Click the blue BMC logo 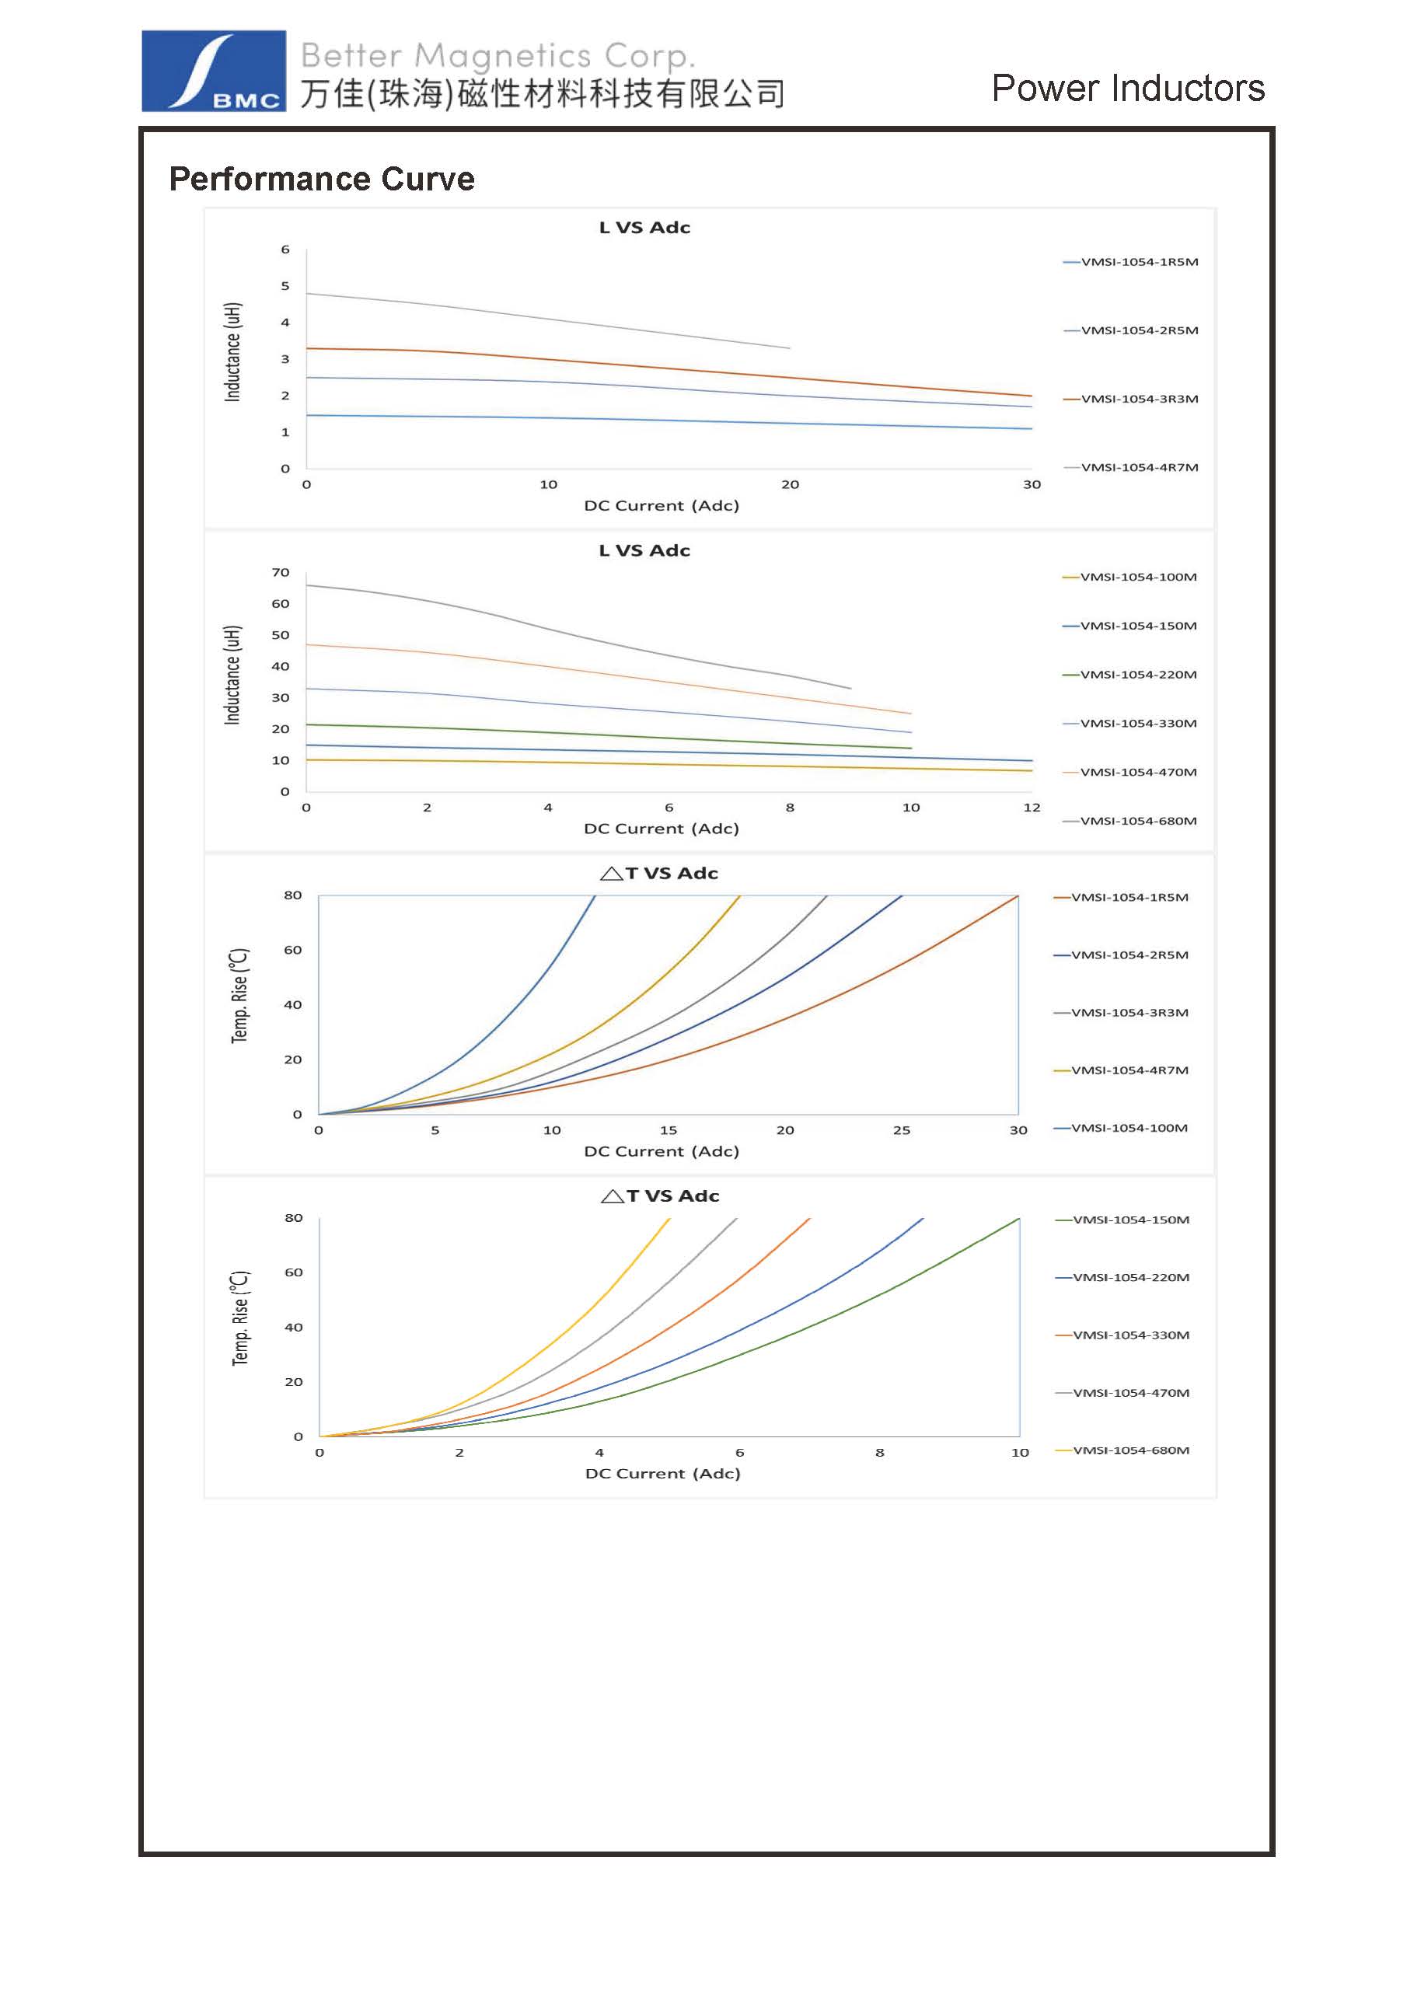(214, 71)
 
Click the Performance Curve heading (322, 179)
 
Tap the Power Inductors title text (1127, 88)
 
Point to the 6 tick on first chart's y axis (285, 250)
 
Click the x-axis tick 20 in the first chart (789, 484)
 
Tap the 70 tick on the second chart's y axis (281, 572)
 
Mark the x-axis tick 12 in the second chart (1032, 808)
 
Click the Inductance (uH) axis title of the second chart (232, 674)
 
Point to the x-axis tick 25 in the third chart (902, 1131)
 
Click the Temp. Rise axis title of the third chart (239, 995)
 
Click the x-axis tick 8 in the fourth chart (880, 1453)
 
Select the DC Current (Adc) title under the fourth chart (662, 1474)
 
